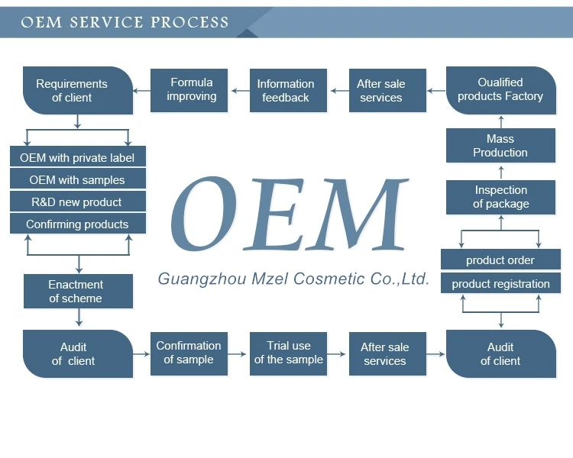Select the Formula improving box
pos(192,90)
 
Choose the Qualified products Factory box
pos(500,90)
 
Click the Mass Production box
pos(500,146)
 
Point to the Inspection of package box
pos(500,197)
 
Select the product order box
pos(500,260)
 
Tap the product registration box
pos(500,284)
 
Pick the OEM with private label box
pos(77,158)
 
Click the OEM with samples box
pos(77,180)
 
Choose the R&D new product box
pos(77,202)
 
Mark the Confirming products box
pos(77,224)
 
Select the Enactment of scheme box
pos(76,292)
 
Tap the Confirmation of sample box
pos(189,353)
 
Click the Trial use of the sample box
pos(288,353)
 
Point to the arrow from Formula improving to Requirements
pos(141,91)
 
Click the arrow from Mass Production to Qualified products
pos(501,121)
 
